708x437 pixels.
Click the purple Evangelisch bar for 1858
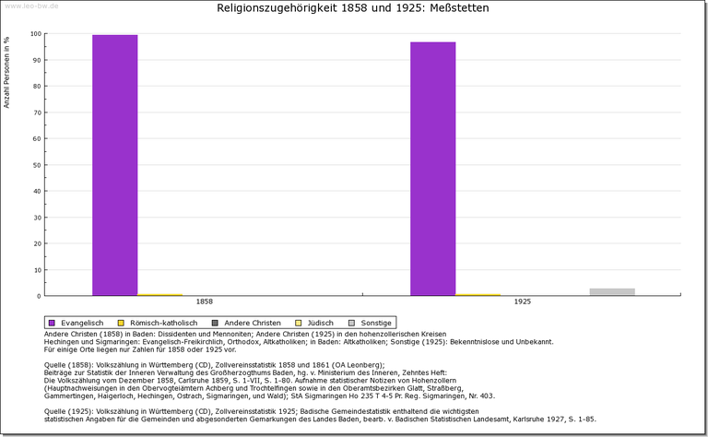point(114,165)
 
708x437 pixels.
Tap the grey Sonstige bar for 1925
point(612,292)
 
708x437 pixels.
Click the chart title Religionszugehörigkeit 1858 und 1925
point(353,8)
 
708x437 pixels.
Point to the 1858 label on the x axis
point(205,302)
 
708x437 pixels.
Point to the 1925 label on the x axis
point(522,302)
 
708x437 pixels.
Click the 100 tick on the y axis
point(36,34)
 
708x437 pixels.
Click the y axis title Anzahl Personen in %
point(7,72)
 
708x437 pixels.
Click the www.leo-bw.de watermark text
point(32,6)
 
